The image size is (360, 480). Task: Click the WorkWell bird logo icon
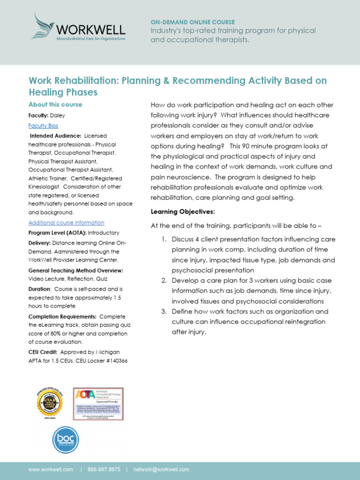click(42, 25)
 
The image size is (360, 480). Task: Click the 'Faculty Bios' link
click(43, 126)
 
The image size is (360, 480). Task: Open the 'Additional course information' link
click(66, 223)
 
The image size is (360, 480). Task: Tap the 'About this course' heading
click(55, 105)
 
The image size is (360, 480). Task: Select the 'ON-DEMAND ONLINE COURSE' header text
click(193, 22)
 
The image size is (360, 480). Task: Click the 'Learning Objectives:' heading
click(182, 212)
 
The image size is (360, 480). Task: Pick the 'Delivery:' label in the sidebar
click(40, 243)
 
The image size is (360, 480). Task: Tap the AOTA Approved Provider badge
click(98, 404)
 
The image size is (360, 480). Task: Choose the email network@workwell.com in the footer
click(161, 469)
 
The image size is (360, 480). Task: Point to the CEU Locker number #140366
click(115, 360)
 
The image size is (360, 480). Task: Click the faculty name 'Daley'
click(59, 115)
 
